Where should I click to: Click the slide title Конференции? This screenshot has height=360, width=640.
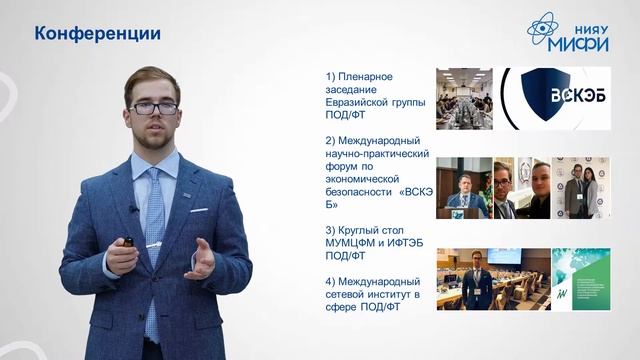[98, 34]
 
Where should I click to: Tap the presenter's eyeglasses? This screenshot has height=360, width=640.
[155, 107]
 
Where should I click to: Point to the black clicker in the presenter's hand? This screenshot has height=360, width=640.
[127, 242]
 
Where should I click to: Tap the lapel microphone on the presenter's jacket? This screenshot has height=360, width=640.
[132, 209]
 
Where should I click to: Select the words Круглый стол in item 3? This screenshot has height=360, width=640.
[376, 231]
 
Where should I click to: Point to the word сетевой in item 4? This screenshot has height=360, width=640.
[348, 295]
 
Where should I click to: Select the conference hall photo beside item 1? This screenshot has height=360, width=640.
[464, 99]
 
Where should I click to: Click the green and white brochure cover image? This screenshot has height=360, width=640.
[577, 279]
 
